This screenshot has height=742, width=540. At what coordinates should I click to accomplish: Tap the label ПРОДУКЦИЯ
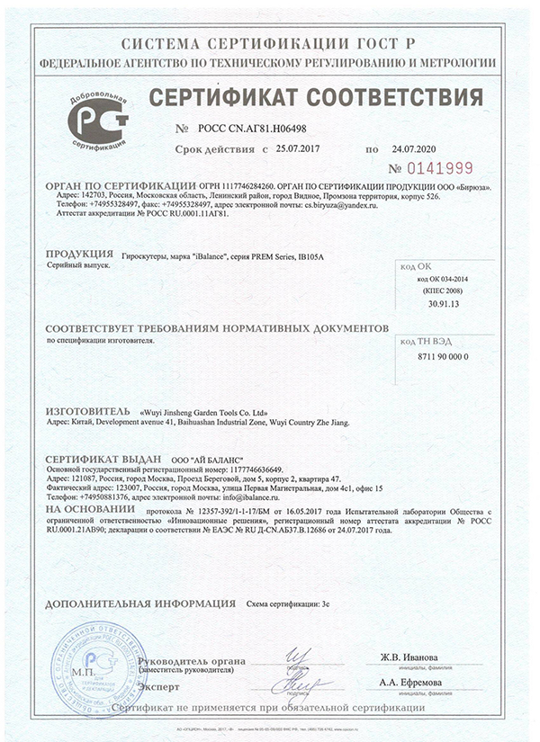pyautogui.click(x=78, y=255)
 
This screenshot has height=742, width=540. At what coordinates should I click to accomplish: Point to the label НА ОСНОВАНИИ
pyautogui.click(x=88, y=508)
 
